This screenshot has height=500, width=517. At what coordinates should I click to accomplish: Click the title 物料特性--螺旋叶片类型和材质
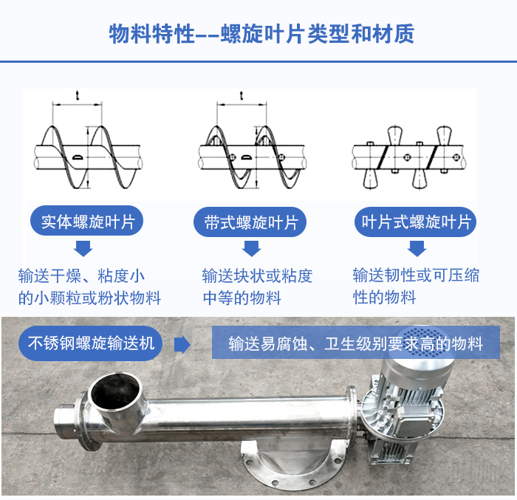point(261,34)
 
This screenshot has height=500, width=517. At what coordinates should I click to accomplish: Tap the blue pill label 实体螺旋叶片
point(86,221)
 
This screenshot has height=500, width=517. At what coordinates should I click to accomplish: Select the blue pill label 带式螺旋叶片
point(250,222)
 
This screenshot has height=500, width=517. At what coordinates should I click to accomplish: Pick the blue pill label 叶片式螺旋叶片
point(415,222)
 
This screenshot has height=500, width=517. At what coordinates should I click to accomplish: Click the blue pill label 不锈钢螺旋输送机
point(91,343)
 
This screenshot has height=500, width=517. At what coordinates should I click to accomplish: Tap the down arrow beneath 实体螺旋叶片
point(83,248)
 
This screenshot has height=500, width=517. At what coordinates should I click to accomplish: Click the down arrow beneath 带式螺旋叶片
point(252,248)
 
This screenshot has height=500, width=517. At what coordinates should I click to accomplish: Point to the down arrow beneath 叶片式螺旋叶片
point(417,248)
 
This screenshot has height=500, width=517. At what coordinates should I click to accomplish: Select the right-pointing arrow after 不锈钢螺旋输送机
point(182,345)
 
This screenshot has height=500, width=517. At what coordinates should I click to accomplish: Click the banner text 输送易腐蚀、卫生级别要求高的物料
point(356,343)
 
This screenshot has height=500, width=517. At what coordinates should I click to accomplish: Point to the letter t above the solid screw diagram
point(78,95)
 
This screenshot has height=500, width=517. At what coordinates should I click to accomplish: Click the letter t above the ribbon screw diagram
point(242,95)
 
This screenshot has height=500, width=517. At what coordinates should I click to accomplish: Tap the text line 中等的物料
point(242,298)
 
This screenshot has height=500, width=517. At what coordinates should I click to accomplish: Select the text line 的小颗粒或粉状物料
point(89,298)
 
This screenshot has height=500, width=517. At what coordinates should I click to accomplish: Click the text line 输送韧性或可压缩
point(416,275)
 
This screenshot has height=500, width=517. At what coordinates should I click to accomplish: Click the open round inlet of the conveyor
point(115,391)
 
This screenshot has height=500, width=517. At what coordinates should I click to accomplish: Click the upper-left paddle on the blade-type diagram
point(395,135)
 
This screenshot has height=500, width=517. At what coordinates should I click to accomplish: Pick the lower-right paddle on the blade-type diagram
point(420,179)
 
